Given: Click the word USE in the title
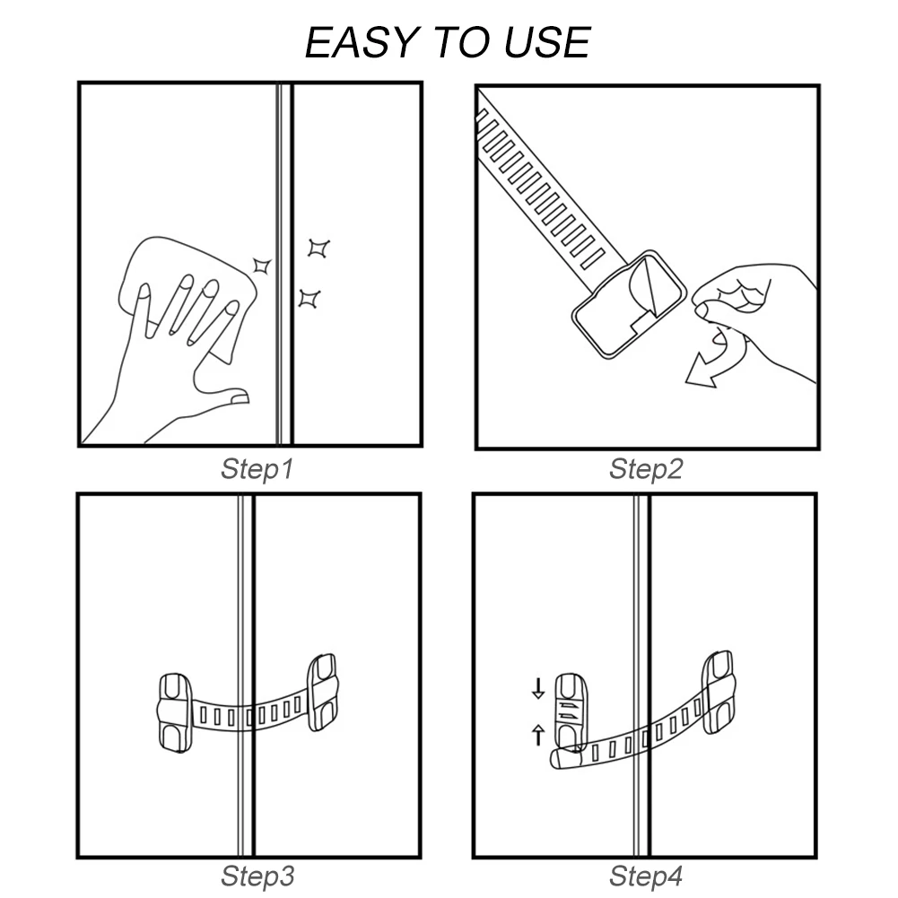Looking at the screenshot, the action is (546, 42).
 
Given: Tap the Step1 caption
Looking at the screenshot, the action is (257, 469).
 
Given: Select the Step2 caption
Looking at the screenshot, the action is (646, 469).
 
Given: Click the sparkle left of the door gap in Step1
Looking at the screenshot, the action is (262, 266).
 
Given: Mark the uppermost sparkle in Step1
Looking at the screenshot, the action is (318, 248).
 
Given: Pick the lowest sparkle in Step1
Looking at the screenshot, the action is (310, 299).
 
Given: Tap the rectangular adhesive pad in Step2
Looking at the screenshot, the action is (630, 304).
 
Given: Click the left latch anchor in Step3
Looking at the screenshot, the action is (174, 712).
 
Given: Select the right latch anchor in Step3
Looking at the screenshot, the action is (322, 693).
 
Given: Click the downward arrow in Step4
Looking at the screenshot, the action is (538, 688).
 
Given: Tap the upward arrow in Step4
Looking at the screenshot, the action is (538, 735).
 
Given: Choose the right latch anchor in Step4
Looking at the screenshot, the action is (719, 692).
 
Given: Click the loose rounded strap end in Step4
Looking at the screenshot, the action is (564, 758).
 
